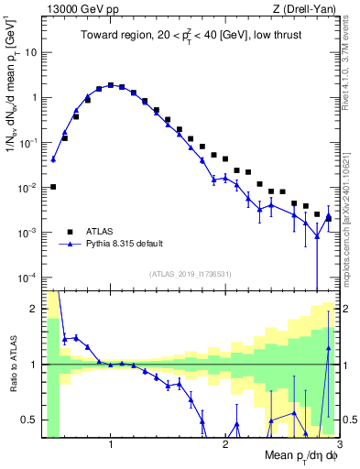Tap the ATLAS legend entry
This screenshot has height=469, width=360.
pos(102,232)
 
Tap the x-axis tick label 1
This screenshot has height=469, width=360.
pos(111,445)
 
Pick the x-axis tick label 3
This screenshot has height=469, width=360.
pos(338,445)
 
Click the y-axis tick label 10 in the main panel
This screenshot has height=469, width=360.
pos(29,52)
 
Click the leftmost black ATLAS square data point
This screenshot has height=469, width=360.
pos(53,187)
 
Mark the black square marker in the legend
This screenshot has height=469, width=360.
pos(70,232)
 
